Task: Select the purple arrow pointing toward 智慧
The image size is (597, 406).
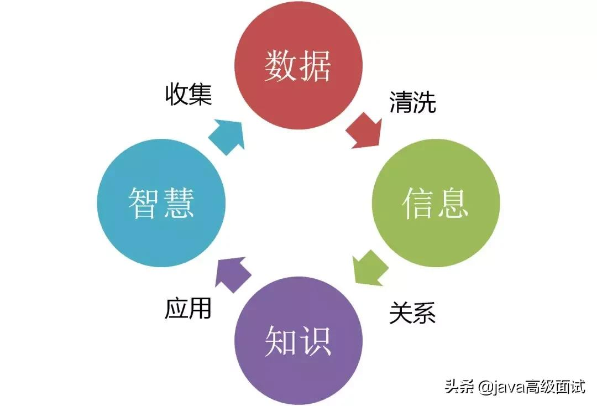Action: click(232, 274)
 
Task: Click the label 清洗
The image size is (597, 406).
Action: click(412, 103)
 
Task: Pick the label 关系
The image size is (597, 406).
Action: click(412, 313)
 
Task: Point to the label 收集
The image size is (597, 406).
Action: click(188, 95)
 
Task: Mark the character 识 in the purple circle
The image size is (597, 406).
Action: click(316, 340)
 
